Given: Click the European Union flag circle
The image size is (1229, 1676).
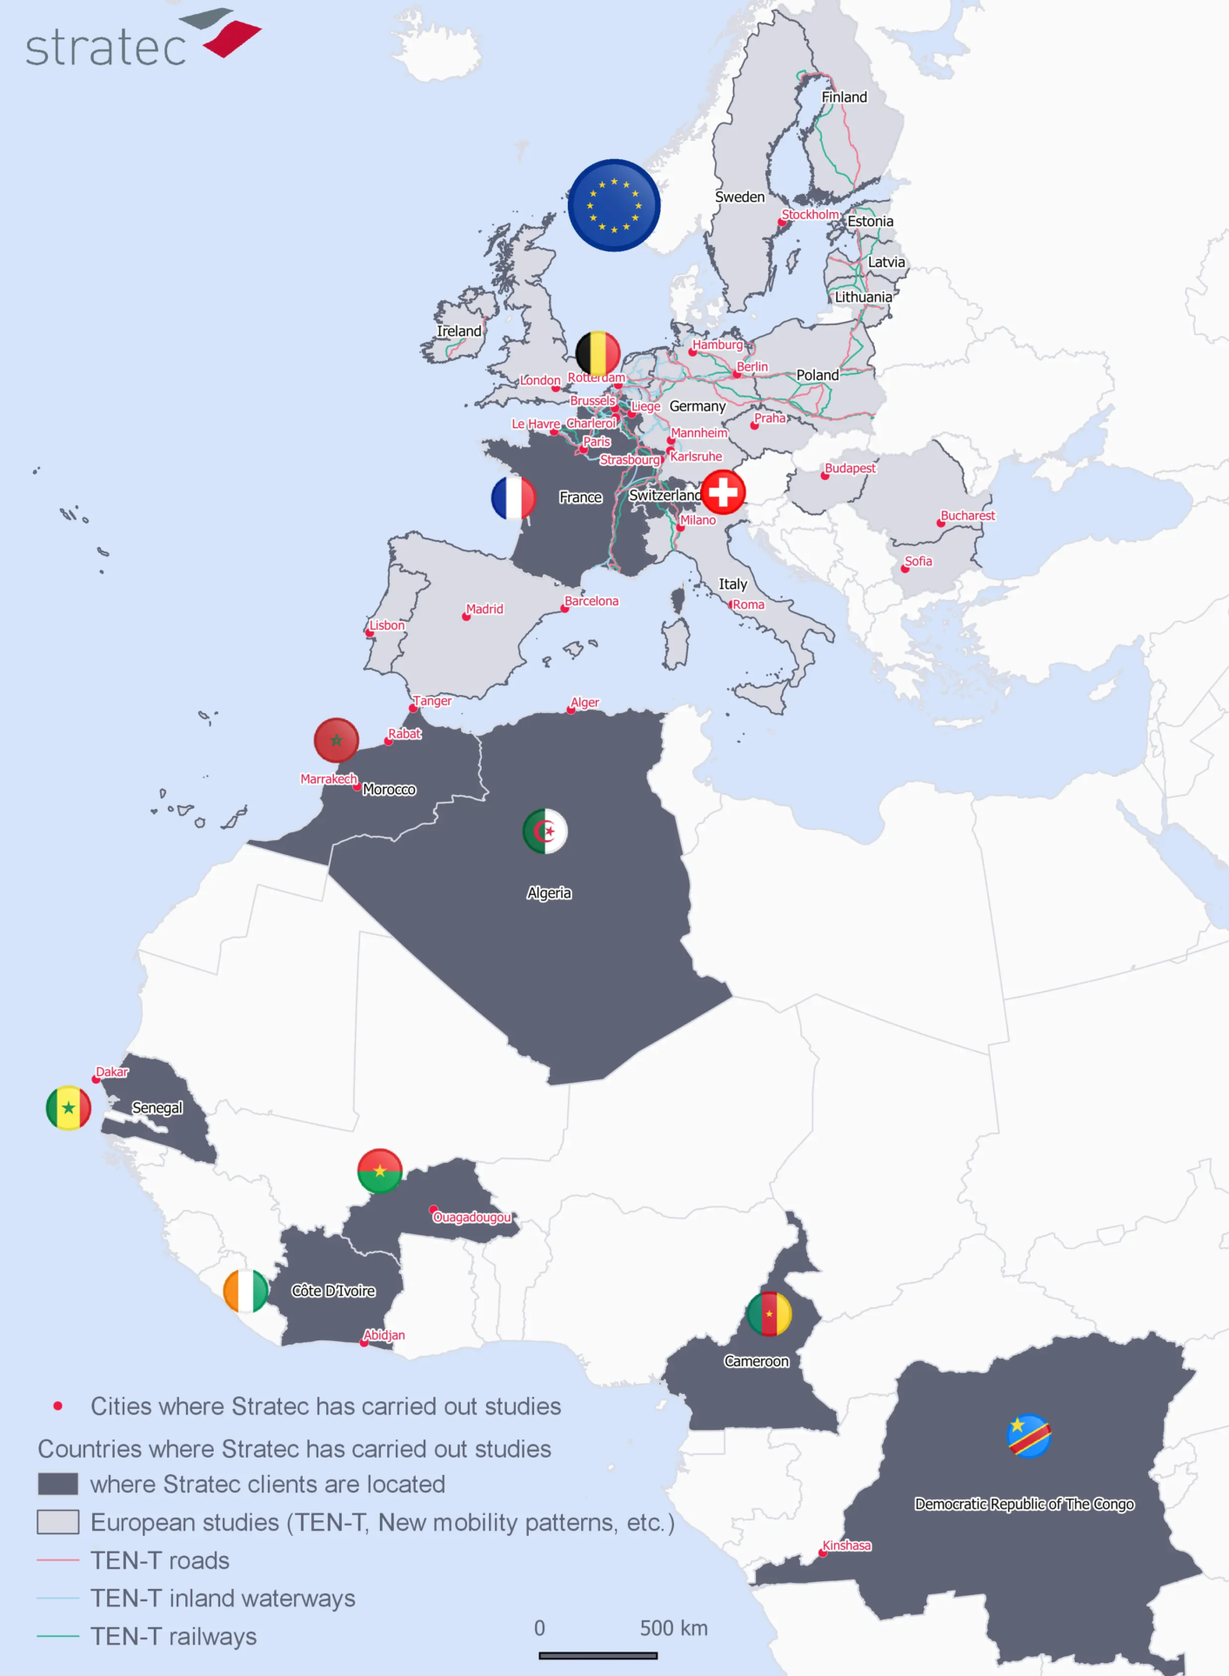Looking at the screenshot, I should (614, 205).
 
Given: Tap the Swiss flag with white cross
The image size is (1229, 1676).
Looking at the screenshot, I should (723, 492).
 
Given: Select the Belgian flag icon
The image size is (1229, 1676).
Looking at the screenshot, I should (598, 353).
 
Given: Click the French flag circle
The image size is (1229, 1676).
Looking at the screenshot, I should (513, 497).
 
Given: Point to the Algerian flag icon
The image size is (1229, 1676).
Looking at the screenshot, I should (545, 831).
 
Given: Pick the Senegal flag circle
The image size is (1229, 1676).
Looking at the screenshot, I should (69, 1108).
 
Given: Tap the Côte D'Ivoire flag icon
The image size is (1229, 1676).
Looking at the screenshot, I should (246, 1291).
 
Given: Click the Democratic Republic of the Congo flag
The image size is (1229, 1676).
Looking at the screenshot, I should (1029, 1436).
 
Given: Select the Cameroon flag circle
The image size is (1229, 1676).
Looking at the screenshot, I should (769, 1313).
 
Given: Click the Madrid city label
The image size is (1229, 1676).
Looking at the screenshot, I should (484, 609).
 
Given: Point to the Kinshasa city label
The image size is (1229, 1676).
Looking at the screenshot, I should (846, 1546).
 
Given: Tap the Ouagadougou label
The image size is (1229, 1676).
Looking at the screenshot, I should (472, 1217).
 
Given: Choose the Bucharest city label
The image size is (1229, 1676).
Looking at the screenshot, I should (967, 516).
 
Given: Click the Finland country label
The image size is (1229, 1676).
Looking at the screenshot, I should (844, 97).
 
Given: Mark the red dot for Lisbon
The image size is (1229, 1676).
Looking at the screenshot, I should (370, 633).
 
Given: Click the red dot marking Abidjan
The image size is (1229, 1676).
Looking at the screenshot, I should (364, 1343).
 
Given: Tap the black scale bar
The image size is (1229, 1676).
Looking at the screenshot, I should (598, 1656).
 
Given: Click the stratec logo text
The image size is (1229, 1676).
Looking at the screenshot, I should (106, 48).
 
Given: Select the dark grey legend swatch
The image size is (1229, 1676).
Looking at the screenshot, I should (57, 1484).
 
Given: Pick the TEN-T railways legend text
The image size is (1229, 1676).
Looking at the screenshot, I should (174, 1637).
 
